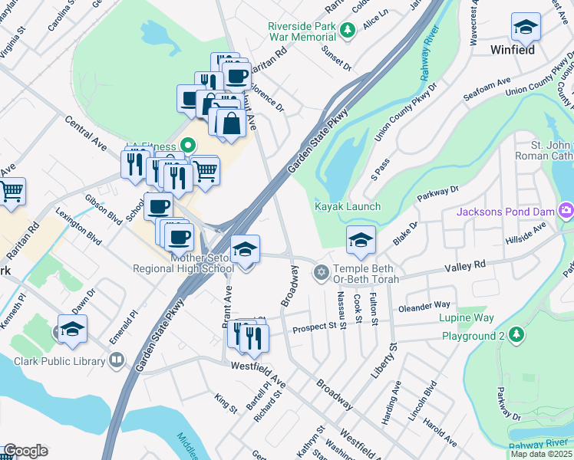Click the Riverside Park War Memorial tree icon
(x=348, y=30)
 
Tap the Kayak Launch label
(x=348, y=207)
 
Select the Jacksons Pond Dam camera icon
(x=566, y=210)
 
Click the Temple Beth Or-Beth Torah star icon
(x=321, y=272)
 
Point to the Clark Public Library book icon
(x=117, y=359)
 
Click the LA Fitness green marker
(x=186, y=145)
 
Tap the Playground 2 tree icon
(x=517, y=335)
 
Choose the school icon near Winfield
(x=526, y=27)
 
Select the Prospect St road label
(x=316, y=327)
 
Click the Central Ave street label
(x=85, y=133)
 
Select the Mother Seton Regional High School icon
(x=245, y=249)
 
